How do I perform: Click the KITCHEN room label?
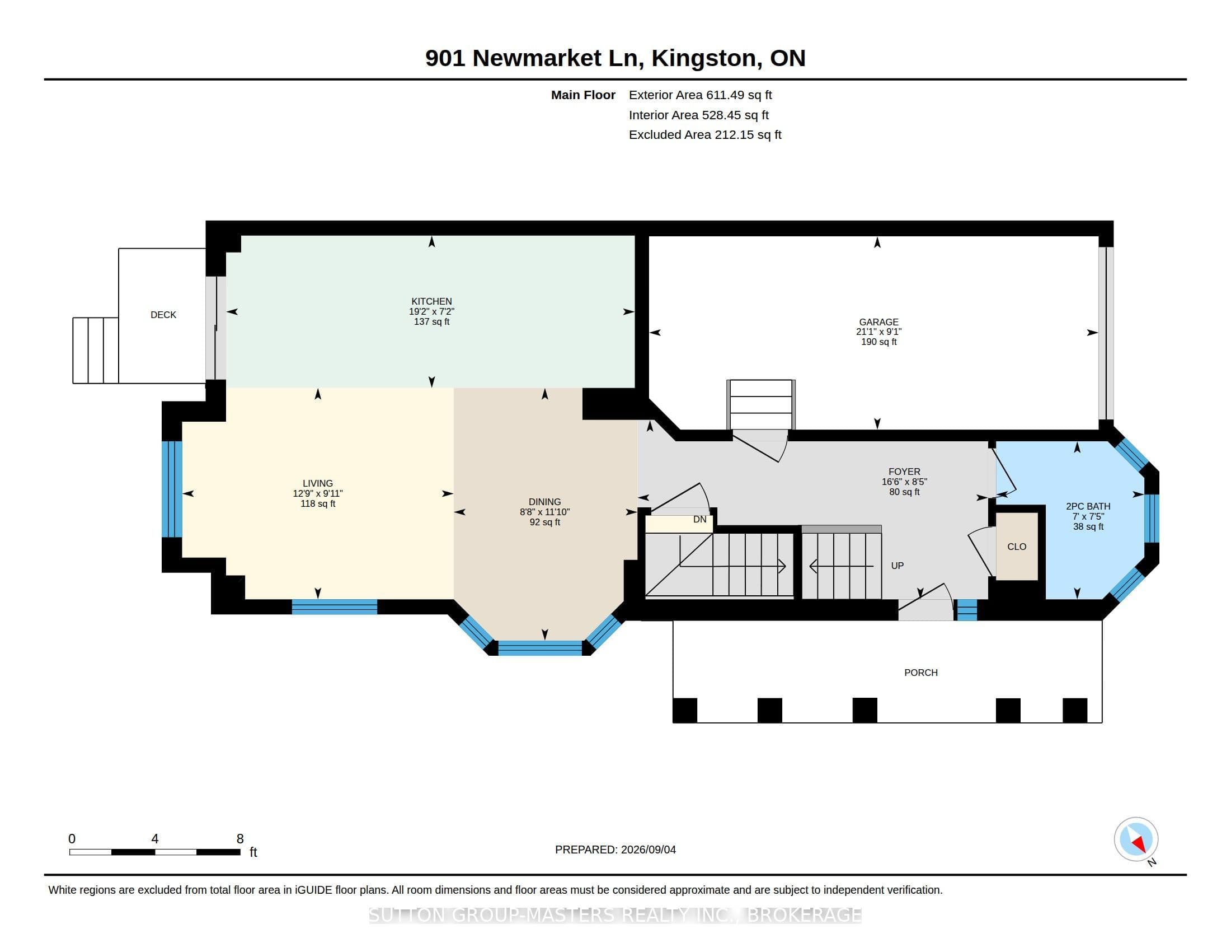(x=431, y=301)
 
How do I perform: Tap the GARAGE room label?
(x=878, y=322)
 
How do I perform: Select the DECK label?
(x=163, y=315)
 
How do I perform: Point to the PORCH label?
(x=921, y=672)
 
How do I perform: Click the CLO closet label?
(x=1017, y=547)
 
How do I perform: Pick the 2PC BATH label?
(x=1088, y=506)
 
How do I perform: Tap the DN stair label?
(x=699, y=520)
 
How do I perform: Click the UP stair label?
(x=898, y=566)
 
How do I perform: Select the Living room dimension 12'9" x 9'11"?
(x=318, y=493)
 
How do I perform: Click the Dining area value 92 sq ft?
(x=545, y=522)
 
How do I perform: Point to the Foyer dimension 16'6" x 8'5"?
(x=904, y=482)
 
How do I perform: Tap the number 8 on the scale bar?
(x=240, y=839)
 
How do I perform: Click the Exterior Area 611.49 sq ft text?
(x=701, y=95)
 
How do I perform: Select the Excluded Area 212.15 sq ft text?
(x=705, y=135)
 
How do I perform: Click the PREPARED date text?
(x=615, y=850)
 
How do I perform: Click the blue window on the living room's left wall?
(x=172, y=489)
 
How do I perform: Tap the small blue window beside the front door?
(x=967, y=610)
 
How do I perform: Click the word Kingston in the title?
(x=705, y=59)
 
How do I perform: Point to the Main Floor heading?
(x=583, y=95)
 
